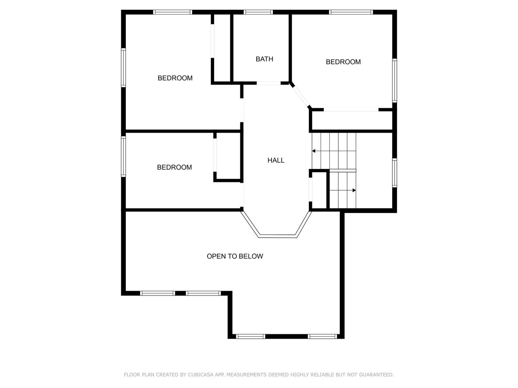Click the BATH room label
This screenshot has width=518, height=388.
[x=264, y=59]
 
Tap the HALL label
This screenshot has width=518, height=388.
[x=276, y=160]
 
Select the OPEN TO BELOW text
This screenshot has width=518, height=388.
[x=235, y=256]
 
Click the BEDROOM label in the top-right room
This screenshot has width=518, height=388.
[x=343, y=62]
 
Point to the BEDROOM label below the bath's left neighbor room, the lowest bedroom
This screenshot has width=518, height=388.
[x=174, y=167]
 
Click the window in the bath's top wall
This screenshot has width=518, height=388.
[x=258, y=12]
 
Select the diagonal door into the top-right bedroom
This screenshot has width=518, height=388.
[x=300, y=97]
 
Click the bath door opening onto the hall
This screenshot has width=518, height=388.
[x=269, y=83]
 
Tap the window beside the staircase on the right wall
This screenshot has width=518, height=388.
[x=394, y=173]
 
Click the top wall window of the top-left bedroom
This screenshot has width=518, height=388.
[x=172, y=12]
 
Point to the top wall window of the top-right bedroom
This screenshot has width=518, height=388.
[x=351, y=12]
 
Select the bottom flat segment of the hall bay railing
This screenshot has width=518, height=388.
[x=277, y=236]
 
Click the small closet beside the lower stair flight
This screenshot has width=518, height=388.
[x=319, y=190]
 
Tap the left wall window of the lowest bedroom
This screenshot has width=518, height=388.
[x=123, y=156]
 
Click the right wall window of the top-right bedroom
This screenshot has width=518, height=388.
[x=394, y=80]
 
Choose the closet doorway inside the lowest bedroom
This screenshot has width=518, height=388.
[x=215, y=155]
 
